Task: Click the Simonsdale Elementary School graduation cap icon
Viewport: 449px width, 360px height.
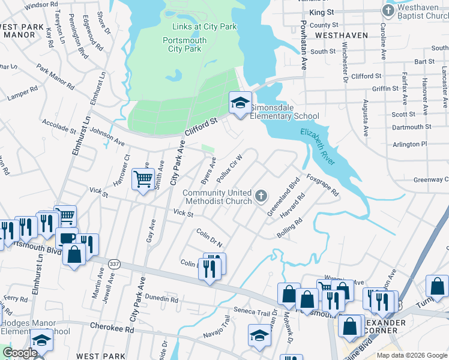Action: coord(240,103)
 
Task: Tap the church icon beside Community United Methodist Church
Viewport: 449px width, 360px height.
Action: coord(261,196)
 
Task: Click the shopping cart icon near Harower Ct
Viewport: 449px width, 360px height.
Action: coord(143,179)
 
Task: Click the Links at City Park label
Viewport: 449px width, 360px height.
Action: coord(204,27)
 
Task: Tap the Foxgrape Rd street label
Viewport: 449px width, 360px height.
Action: coord(323,185)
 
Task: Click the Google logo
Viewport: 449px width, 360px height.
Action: coord(20,353)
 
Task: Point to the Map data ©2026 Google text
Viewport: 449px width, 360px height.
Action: coord(412,355)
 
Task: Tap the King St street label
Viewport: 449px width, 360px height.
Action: coord(321,12)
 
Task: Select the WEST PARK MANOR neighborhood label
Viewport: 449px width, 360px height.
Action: coord(22,31)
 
